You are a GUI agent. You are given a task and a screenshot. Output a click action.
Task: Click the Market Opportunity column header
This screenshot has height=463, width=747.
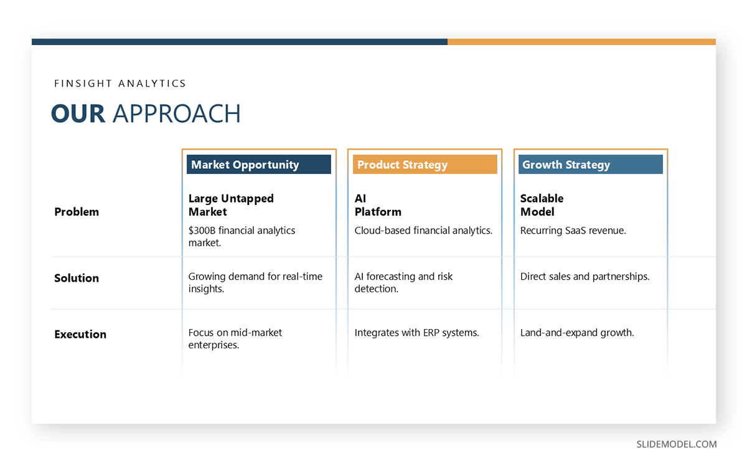pyautogui.click(x=258, y=165)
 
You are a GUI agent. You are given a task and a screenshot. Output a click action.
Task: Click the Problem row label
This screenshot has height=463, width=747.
pyautogui.click(x=77, y=212)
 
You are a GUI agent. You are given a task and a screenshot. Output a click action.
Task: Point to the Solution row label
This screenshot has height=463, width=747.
pyautogui.click(x=77, y=278)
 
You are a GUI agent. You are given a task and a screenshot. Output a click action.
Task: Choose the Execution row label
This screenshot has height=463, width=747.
pyautogui.click(x=80, y=334)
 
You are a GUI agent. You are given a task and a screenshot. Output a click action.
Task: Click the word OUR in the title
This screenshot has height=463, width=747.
pyautogui.click(x=78, y=114)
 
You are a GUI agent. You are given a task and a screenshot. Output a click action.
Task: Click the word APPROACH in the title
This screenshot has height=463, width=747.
pyautogui.click(x=176, y=114)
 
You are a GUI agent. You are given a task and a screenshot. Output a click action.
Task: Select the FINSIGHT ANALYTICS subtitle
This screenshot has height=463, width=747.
pyautogui.click(x=120, y=83)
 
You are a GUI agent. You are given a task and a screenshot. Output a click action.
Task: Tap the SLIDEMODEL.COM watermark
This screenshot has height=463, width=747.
pyautogui.click(x=676, y=444)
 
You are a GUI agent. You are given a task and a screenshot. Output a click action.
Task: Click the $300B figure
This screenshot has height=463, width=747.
pyautogui.click(x=200, y=231)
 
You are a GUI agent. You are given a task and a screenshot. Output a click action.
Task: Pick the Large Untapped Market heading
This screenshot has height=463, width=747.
pyautogui.click(x=231, y=205)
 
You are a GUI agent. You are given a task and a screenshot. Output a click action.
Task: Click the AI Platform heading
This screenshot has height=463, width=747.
pyautogui.click(x=378, y=205)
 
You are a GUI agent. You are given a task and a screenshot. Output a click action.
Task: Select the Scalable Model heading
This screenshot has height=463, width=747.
pyautogui.click(x=542, y=205)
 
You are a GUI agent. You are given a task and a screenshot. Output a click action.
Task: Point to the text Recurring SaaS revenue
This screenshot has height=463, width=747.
pyautogui.click(x=573, y=231)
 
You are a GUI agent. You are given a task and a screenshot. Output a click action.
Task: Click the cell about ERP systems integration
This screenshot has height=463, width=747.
pyautogui.click(x=416, y=333)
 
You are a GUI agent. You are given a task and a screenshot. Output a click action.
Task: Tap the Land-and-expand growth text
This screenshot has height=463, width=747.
pyautogui.click(x=577, y=333)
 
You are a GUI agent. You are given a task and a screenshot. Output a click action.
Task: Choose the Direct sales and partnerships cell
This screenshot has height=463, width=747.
pyautogui.click(x=585, y=276)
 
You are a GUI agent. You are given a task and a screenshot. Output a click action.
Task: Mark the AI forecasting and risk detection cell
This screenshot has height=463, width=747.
pyautogui.click(x=403, y=282)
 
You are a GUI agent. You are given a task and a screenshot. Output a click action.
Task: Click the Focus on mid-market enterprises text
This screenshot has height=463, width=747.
pyautogui.click(x=235, y=338)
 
